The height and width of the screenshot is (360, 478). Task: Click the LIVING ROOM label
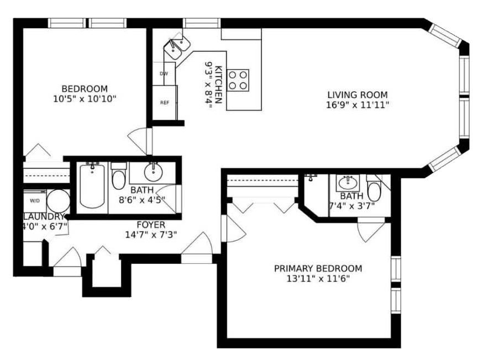click(x=358, y=95)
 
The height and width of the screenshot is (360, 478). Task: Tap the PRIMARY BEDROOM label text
click(x=318, y=269)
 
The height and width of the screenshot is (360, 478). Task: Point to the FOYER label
click(x=151, y=225)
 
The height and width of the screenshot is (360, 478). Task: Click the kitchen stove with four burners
click(x=238, y=80)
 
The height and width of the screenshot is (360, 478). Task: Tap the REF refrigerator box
click(x=165, y=103)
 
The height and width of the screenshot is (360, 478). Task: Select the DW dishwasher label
click(x=164, y=73)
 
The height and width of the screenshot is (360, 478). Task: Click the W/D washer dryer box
click(x=35, y=201)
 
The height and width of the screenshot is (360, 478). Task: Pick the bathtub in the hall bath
click(x=92, y=186)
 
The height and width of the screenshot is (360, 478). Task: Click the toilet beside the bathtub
click(x=119, y=177)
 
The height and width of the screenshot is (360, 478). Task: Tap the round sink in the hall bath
click(x=153, y=172)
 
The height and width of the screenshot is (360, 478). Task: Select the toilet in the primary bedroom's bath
click(x=374, y=189)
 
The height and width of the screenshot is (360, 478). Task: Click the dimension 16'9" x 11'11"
click(x=358, y=105)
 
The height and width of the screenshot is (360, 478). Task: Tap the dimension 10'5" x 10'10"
click(x=85, y=99)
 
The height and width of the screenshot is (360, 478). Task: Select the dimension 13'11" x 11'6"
click(x=318, y=279)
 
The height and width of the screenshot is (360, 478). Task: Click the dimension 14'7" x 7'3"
click(x=151, y=235)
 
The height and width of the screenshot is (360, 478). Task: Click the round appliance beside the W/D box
click(x=59, y=201)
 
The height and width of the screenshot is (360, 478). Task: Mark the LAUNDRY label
click(x=44, y=217)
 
